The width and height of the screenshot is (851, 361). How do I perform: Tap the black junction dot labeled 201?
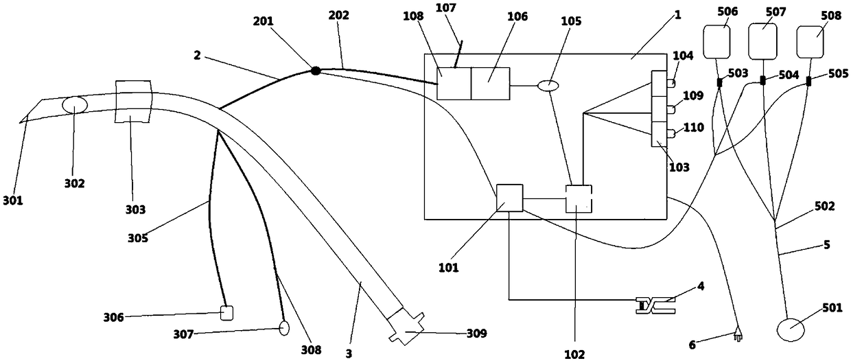pos(316,70)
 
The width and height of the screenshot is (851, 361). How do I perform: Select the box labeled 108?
pos(454,84)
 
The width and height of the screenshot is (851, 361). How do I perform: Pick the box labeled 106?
pos(490,84)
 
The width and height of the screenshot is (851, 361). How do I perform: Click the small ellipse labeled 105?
pos(549,86)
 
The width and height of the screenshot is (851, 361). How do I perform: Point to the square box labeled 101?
pos(509,198)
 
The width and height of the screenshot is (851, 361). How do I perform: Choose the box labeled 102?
pos(578,198)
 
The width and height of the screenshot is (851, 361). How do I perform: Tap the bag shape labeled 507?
pos(763,40)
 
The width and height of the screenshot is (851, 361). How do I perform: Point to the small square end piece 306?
pos(227,313)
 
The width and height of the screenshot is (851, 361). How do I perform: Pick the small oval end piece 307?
pos(284,329)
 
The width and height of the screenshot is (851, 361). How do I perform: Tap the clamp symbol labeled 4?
pos(655,307)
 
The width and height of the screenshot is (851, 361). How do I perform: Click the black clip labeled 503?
pos(719,83)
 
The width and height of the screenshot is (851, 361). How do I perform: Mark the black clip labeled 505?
pos(808,82)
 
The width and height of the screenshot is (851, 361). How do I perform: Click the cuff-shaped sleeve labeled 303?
pos(132,101)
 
